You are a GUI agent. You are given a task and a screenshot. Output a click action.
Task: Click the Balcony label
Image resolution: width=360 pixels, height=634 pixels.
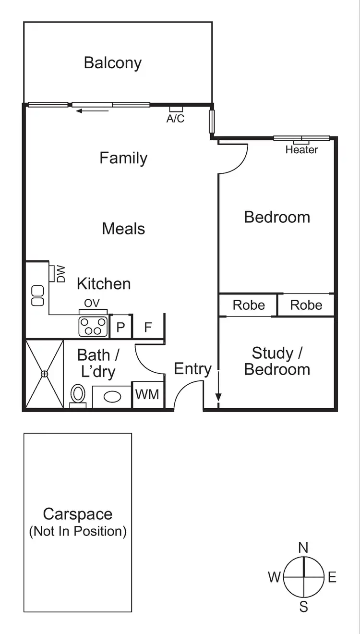click(x=113, y=63)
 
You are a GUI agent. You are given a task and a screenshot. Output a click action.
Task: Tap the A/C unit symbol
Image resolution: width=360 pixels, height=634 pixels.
click(x=176, y=109)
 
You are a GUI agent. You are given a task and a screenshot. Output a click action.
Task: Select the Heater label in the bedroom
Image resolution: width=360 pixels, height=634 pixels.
click(x=301, y=150)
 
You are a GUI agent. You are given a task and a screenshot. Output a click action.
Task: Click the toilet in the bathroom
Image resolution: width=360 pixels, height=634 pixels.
click(x=78, y=395)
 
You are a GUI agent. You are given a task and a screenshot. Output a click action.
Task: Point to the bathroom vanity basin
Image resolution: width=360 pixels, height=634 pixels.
click(x=112, y=397)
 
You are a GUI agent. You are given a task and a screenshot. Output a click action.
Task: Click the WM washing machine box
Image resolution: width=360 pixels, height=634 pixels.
click(x=147, y=395)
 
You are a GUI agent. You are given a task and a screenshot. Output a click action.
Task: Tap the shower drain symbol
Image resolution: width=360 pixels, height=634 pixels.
click(x=44, y=374)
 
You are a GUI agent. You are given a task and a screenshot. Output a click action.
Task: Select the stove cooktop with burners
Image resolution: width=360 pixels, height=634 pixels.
click(x=93, y=327)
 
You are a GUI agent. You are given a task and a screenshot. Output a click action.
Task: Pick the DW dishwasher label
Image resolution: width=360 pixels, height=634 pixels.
click(x=61, y=274)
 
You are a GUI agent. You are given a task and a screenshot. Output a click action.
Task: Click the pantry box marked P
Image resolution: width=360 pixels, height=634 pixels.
click(x=120, y=328)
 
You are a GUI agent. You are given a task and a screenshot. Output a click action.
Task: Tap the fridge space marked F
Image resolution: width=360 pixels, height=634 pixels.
click(x=148, y=328)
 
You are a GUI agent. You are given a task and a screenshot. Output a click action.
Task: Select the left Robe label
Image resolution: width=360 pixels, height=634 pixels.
click(x=248, y=305)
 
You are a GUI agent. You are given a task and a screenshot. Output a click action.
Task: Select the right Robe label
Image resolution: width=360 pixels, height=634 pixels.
click(x=306, y=305)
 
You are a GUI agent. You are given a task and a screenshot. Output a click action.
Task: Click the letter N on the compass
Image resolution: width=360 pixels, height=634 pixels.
click(x=303, y=548)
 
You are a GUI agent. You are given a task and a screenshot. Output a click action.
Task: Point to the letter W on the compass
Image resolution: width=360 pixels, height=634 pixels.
click(x=274, y=577)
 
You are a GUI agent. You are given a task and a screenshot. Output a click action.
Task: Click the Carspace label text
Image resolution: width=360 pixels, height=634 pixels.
click(x=78, y=514)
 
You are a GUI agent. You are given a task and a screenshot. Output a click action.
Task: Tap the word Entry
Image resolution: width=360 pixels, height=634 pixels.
click(x=192, y=369)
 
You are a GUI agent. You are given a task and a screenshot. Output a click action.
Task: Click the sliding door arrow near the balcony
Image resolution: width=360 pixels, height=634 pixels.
click(x=93, y=111)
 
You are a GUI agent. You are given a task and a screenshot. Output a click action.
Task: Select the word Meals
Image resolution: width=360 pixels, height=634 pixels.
click(x=123, y=229)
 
